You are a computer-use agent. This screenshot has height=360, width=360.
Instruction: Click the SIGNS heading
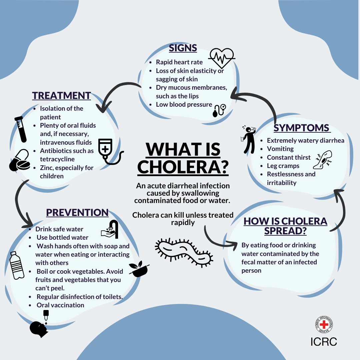click(x=183, y=48)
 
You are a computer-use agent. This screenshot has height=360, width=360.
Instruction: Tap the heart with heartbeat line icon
click(x=221, y=58)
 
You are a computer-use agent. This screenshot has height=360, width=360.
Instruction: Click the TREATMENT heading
click(x=61, y=95)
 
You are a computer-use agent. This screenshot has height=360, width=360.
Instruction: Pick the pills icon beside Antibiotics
click(x=19, y=161)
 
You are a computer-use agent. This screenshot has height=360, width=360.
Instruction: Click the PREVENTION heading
click(x=77, y=213)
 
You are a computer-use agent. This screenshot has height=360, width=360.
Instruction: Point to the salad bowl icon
click(x=137, y=269)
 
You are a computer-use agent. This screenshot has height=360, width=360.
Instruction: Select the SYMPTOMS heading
click(x=302, y=128)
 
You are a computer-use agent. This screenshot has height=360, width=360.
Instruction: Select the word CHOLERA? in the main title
click(x=183, y=167)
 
